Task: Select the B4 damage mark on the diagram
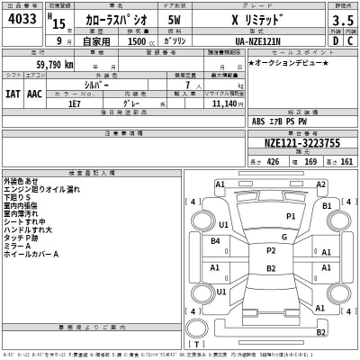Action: tap(216, 240)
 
